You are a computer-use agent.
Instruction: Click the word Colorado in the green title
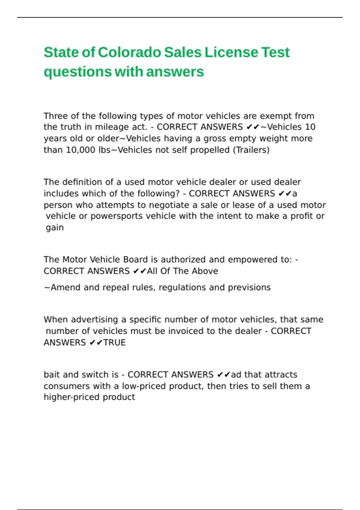point(130,52)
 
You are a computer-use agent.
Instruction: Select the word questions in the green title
point(77,72)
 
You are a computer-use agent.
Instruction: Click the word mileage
point(112,127)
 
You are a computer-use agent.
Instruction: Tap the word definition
point(82,182)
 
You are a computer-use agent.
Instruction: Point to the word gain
point(55,228)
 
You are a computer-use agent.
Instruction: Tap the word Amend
point(62,287)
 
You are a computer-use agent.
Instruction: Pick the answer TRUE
point(114,342)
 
